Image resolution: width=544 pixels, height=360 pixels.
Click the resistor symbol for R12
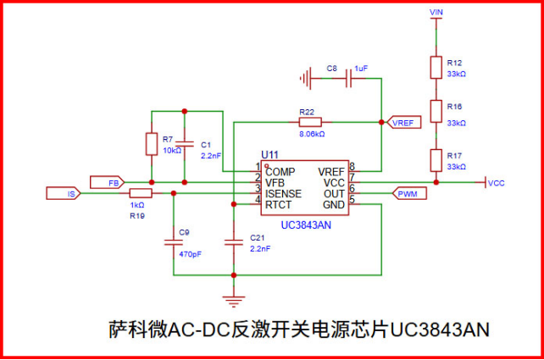(x=436, y=68)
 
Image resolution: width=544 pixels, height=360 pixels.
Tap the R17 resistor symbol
(x=436, y=159)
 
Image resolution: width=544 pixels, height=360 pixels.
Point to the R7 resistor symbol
(x=151, y=142)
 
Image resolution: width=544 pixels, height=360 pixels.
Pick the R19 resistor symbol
(x=140, y=193)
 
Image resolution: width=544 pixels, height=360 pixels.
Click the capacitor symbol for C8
(x=348, y=80)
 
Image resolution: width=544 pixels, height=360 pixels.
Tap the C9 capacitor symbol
(x=173, y=244)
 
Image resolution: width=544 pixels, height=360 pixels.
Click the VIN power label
(x=436, y=13)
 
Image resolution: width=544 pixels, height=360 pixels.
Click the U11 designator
(x=269, y=153)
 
